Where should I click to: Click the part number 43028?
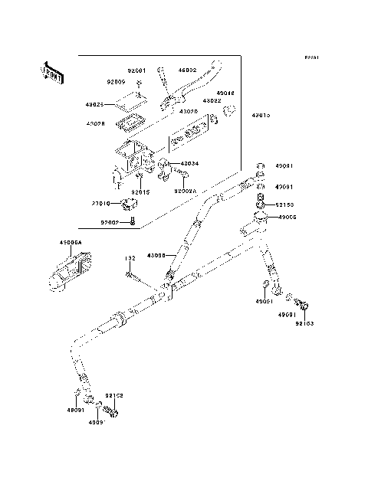[96, 124]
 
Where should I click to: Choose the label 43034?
[189, 164]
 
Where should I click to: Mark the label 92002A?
[186, 191]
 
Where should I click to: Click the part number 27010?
[101, 205]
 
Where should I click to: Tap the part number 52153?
[284, 205]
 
